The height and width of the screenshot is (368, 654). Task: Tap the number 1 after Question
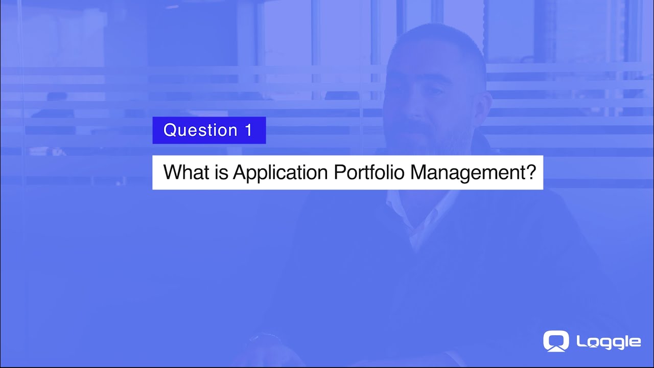249,130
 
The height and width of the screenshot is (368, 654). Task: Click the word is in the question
221,172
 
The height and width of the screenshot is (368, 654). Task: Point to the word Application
280,172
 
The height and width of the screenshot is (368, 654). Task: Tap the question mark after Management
531,172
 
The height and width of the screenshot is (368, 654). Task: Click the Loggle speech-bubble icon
556,341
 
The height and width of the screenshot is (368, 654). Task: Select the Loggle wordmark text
608,342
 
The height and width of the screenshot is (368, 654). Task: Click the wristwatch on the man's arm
263,340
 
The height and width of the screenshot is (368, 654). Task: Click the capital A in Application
240,172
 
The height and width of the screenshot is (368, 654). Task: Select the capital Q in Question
170,130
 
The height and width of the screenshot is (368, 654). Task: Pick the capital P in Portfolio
339,172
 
